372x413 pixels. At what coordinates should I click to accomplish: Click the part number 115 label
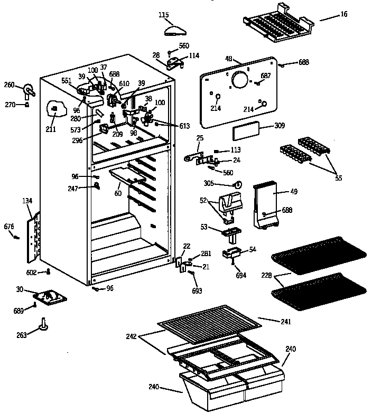point(164,15)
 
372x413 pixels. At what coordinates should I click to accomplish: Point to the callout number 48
point(228,59)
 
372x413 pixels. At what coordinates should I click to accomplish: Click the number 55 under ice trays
point(338,178)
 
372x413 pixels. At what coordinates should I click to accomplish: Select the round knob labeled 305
point(238,185)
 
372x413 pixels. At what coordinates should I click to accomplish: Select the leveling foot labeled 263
point(43,324)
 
